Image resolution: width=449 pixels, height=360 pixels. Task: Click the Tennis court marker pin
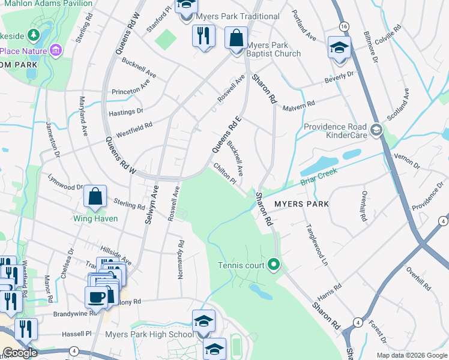pos(274,264)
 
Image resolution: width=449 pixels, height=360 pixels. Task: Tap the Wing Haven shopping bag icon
pos(95,196)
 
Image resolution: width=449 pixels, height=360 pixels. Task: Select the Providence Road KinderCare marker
pos(376,130)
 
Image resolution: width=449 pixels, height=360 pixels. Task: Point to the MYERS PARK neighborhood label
pos(301,204)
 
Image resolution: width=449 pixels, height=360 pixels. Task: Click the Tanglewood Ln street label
pos(317,245)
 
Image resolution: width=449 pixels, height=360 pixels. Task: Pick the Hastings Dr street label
pos(127,111)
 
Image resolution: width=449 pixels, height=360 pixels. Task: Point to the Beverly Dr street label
pos(339,77)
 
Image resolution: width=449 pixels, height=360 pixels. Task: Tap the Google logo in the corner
pos(20,353)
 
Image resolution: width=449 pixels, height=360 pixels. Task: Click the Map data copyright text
pos(412,355)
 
